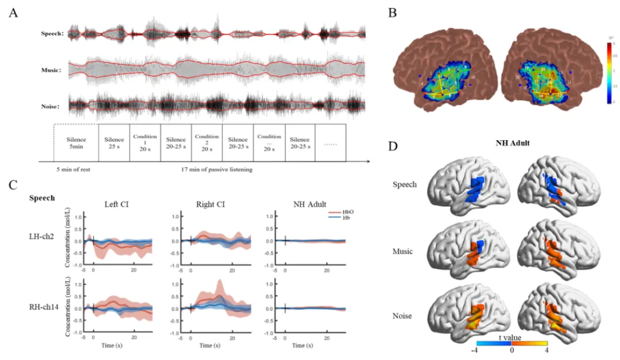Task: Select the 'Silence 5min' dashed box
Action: pyautogui.click(x=76, y=143)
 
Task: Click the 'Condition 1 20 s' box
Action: pyautogui.click(x=145, y=143)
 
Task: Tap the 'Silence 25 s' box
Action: pyautogui.click(x=114, y=143)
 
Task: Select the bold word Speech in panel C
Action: pyautogui.click(x=42, y=198)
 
